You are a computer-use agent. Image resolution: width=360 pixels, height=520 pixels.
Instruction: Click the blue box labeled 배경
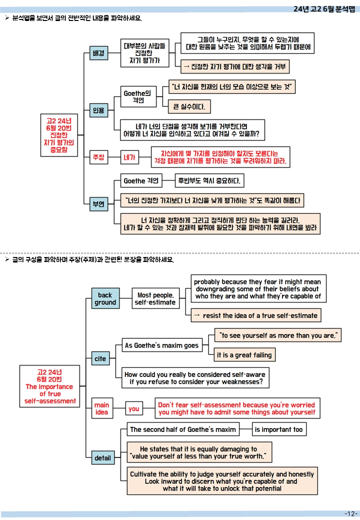(x=98, y=53)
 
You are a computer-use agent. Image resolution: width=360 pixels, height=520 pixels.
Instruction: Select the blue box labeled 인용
(x=98, y=110)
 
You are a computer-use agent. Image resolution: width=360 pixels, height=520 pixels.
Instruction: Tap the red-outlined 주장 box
(x=98, y=157)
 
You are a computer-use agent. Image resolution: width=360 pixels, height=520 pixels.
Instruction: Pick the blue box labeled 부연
(x=98, y=204)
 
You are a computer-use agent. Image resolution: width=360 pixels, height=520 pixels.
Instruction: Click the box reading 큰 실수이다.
(x=189, y=107)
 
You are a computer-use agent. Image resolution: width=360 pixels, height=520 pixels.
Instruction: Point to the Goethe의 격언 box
(x=138, y=97)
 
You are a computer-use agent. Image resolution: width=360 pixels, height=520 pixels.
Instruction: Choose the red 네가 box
(x=129, y=157)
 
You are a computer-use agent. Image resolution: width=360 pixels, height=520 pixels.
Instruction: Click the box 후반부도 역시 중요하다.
(x=209, y=180)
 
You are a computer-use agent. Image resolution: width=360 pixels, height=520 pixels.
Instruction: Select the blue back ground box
(x=105, y=298)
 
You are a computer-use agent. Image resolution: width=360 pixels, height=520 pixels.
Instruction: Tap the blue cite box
(x=100, y=358)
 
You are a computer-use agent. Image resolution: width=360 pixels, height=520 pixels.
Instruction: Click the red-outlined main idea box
(x=102, y=408)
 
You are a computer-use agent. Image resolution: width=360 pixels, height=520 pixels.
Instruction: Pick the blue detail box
(x=103, y=458)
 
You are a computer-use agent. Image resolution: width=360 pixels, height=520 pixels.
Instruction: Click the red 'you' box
(x=134, y=408)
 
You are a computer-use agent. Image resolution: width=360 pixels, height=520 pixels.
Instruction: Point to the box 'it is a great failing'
(x=244, y=355)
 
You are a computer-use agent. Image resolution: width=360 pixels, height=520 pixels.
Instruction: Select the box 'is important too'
(x=279, y=429)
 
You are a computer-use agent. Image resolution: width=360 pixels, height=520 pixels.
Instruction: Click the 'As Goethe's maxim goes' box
(x=162, y=345)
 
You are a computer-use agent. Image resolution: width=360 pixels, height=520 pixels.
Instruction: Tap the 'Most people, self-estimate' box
(x=155, y=298)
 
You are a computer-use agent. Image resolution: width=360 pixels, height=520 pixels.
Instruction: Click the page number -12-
(x=351, y=513)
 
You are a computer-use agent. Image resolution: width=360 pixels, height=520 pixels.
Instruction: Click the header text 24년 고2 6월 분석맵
(x=324, y=9)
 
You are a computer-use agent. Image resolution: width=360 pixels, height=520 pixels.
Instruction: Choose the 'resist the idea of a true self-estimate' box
(x=256, y=315)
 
